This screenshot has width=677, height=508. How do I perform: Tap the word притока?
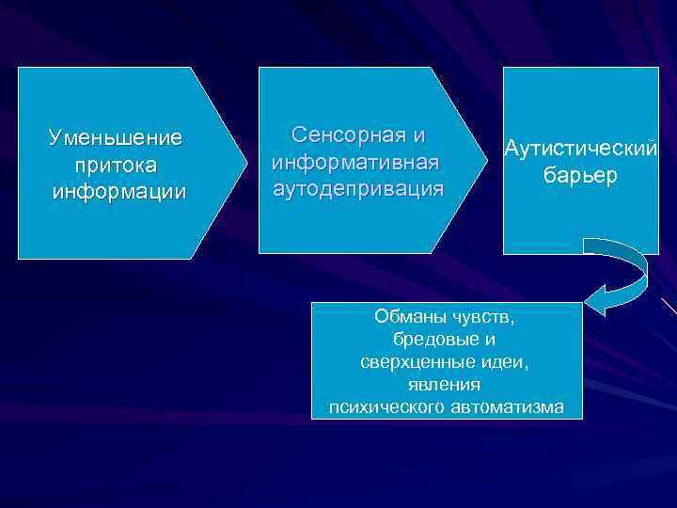118,165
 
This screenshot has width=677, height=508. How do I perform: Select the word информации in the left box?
119,191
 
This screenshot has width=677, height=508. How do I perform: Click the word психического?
389,406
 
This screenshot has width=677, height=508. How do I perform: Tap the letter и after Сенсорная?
419,135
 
